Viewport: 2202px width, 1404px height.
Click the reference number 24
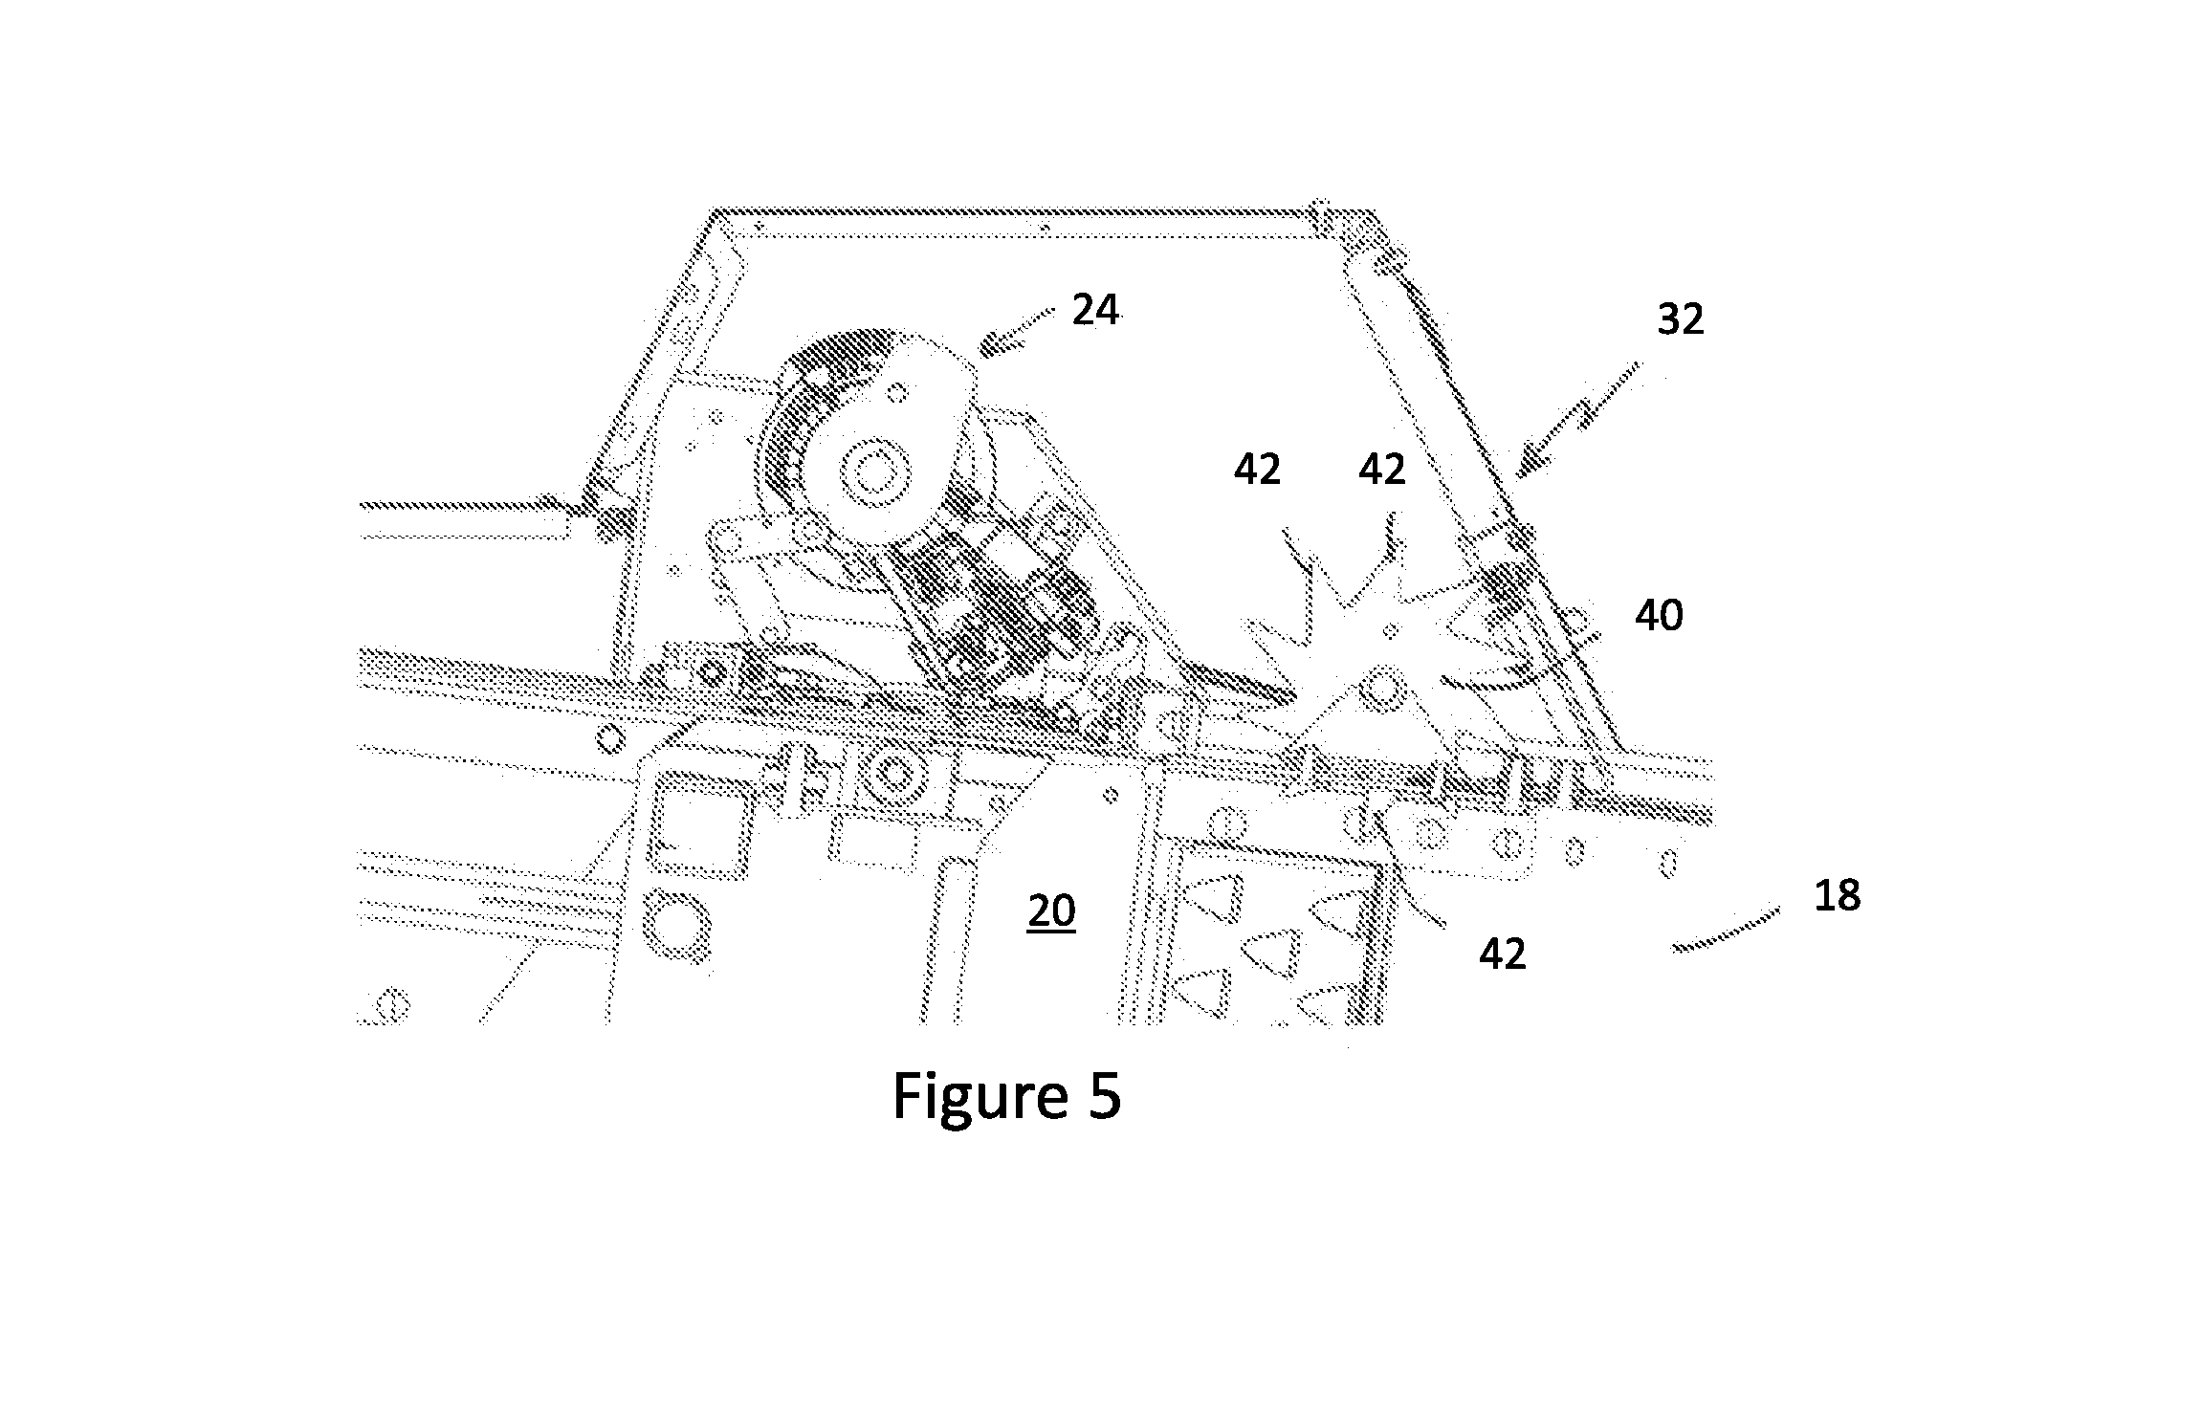click(1095, 311)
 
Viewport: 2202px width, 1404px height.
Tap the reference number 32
click(1681, 319)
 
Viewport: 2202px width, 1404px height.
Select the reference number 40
click(1660, 616)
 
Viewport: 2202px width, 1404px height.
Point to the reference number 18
click(1837, 896)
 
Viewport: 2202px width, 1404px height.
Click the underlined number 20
click(1052, 911)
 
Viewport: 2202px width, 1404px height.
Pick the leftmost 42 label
click(1257, 470)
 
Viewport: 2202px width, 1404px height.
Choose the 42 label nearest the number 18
click(1503, 953)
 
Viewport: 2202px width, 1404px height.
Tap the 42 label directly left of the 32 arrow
click(1382, 470)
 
